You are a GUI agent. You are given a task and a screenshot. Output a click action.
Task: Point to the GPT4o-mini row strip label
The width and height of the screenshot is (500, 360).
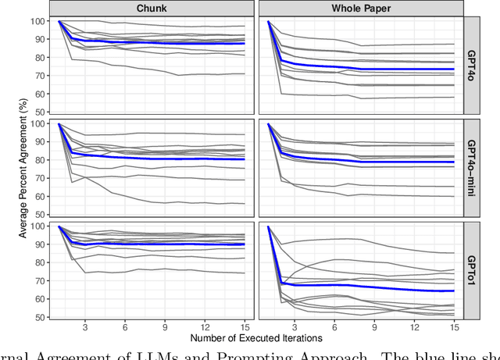tap(474, 167)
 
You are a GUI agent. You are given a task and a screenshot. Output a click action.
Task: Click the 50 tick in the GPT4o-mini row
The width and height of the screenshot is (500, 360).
tap(39, 215)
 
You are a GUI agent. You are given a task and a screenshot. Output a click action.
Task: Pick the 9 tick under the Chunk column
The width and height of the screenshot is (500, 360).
tap(165, 326)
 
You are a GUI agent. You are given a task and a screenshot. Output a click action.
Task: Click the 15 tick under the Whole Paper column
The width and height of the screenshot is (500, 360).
tap(454, 326)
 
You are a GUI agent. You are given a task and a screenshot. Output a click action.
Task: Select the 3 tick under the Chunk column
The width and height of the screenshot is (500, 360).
tap(84, 326)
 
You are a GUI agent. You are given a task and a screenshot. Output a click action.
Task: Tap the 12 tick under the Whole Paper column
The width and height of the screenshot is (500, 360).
tap(414, 326)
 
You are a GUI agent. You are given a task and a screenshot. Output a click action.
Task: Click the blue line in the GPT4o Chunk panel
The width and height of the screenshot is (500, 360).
tap(156, 43)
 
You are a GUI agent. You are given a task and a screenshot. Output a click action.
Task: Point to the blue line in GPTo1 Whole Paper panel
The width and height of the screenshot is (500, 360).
tap(367, 286)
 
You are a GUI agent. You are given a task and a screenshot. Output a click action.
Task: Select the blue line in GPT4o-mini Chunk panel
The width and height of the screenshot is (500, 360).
tap(156, 159)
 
